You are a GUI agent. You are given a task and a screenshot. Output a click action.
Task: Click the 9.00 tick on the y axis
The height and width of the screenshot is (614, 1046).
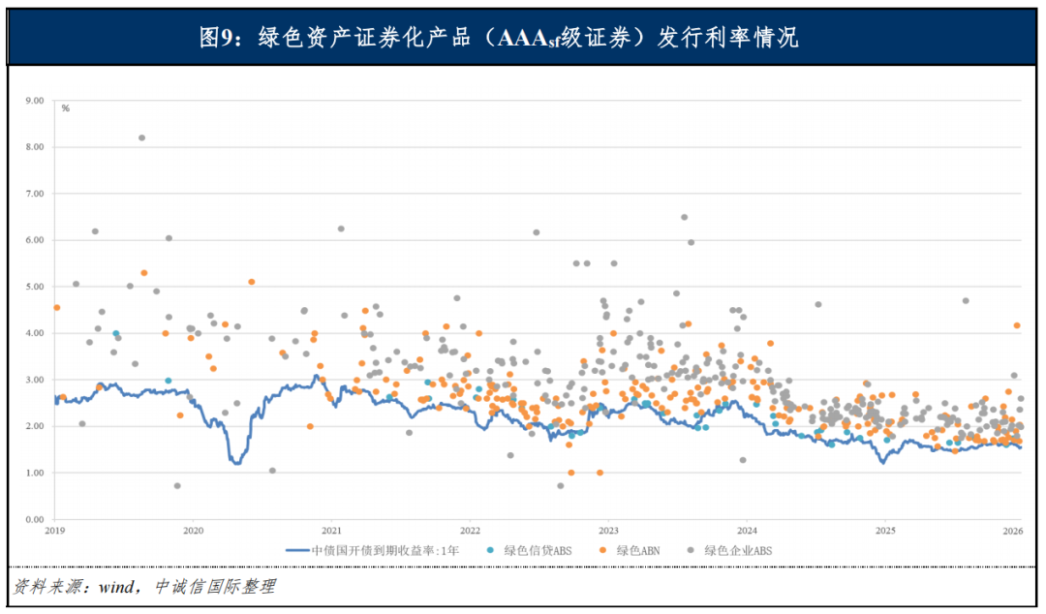coord(35,100)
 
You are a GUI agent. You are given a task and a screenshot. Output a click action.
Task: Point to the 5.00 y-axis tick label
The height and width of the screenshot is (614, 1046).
coord(35,287)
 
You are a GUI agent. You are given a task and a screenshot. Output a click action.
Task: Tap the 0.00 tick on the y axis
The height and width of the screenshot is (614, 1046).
coord(35,519)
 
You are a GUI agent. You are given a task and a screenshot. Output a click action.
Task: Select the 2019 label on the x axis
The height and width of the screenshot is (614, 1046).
coord(54,531)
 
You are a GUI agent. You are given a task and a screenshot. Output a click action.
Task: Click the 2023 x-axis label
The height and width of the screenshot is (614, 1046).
coord(608,531)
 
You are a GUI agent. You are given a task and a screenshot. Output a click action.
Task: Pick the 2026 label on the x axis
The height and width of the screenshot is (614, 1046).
coord(1012,531)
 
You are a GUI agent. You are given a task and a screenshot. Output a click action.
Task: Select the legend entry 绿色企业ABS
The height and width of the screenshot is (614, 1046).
coord(736,550)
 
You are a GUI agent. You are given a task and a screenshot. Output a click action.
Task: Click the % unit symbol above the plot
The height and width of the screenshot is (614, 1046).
coord(66,108)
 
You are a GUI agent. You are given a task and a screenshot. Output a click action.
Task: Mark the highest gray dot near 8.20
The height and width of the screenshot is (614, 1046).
coord(141,138)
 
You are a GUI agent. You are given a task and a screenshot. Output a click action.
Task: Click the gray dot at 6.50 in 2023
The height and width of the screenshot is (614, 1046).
coord(684,217)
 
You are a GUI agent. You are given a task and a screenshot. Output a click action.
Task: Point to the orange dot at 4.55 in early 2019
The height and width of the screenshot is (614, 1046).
coord(56,308)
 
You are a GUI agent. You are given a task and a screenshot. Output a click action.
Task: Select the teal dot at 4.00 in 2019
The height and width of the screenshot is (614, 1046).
coord(115,333)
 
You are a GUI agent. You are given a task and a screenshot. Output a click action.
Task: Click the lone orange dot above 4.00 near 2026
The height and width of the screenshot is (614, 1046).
coord(1017,325)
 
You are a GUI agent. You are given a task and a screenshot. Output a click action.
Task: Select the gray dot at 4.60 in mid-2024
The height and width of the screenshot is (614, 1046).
coord(817,304)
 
